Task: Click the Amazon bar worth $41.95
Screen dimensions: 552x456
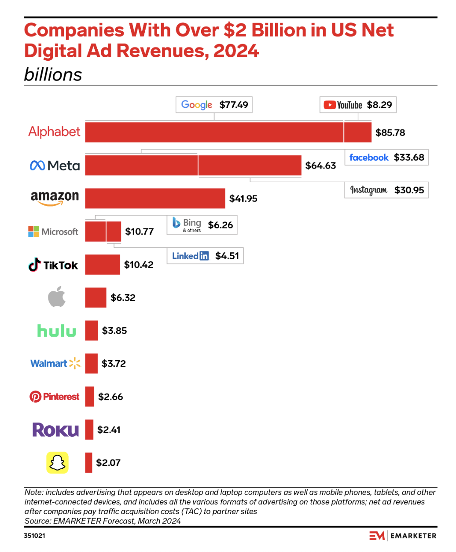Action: click(x=155, y=199)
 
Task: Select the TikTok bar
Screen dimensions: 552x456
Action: click(x=103, y=265)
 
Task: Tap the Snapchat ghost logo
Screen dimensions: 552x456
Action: click(x=58, y=463)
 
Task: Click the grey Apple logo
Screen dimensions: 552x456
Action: click(x=57, y=297)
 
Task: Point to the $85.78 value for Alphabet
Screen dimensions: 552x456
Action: click(x=390, y=132)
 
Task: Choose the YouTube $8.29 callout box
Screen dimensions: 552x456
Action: click(x=358, y=105)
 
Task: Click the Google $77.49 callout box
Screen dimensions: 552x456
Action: click(x=214, y=105)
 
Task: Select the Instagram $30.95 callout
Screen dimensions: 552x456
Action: click(x=386, y=190)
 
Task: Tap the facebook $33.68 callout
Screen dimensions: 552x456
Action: click(x=386, y=157)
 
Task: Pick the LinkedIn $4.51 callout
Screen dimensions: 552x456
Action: click(x=205, y=256)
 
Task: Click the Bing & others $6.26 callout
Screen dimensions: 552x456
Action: click(x=202, y=225)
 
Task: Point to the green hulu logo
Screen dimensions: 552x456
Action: click(x=57, y=331)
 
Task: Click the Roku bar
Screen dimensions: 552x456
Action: click(x=89, y=430)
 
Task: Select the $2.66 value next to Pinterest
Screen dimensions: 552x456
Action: click(x=110, y=397)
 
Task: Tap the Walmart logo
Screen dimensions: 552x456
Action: click(x=55, y=364)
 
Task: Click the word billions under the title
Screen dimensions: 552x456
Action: click(x=53, y=74)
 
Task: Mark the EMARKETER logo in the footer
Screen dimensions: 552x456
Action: click(x=403, y=536)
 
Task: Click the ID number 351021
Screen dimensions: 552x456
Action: click(x=34, y=536)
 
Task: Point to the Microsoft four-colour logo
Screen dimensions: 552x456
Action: click(x=34, y=232)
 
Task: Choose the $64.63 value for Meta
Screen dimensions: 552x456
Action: click(x=320, y=166)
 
